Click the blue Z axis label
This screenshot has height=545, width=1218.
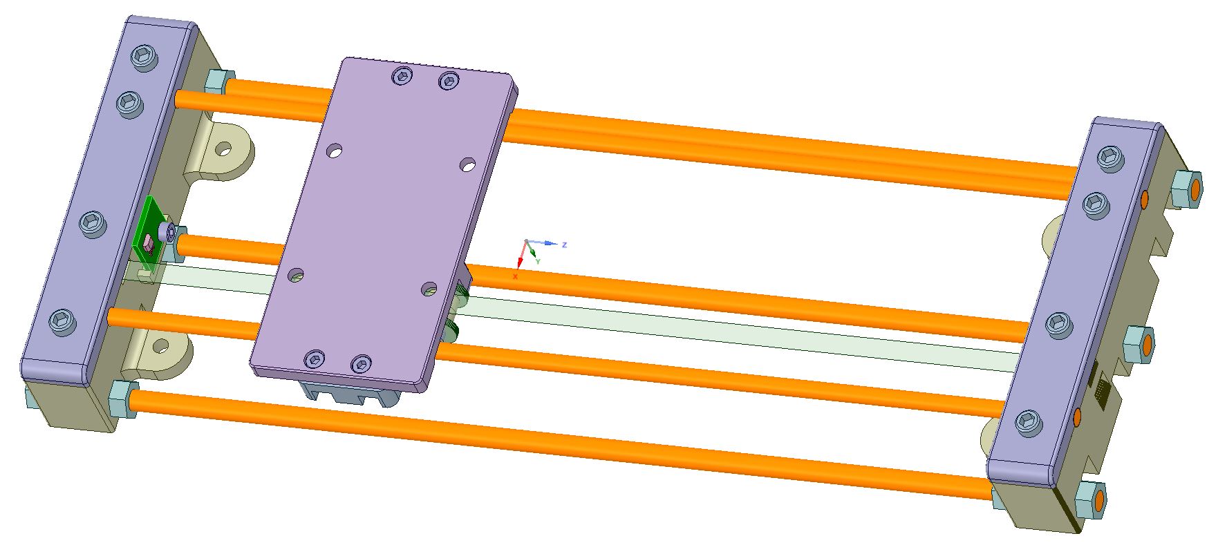tap(565, 245)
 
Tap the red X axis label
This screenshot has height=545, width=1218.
tap(515, 276)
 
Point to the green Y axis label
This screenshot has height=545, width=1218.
tap(538, 261)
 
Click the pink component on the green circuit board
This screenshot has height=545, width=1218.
tap(148, 244)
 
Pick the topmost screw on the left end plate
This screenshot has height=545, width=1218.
tap(143, 57)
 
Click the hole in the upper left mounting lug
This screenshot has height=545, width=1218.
tap(223, 149)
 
